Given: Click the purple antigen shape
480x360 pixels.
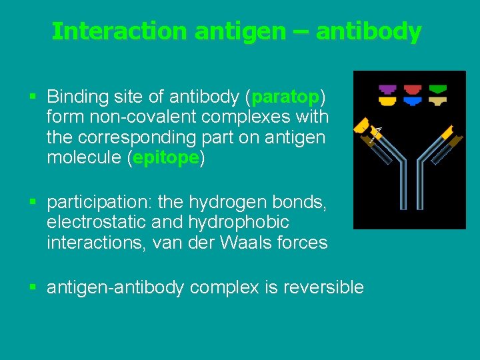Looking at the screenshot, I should click(x=387, y=89).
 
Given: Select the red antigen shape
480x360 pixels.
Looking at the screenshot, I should click(x=413, y=89).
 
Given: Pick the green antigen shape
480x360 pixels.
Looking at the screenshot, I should click(x=438, y=89).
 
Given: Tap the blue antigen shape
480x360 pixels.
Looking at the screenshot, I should click(x=413, y=101).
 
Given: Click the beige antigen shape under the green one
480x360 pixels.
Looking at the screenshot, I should click(x=438, y=101).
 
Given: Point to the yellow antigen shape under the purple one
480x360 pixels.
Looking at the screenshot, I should click(x=387, y=101).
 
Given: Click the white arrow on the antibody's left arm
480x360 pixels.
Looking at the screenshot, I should click(x=375, y=133).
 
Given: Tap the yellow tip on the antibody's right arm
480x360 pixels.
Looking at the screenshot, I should click(x=447, y=131).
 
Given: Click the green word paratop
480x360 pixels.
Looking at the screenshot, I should click(x=285, y=97).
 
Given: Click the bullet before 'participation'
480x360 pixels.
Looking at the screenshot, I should click(x=33, y=201).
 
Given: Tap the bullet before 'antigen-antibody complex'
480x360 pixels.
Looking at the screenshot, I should click(x=33, y=288).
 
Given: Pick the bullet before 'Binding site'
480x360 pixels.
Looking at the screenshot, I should click(x=33, y=97).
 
